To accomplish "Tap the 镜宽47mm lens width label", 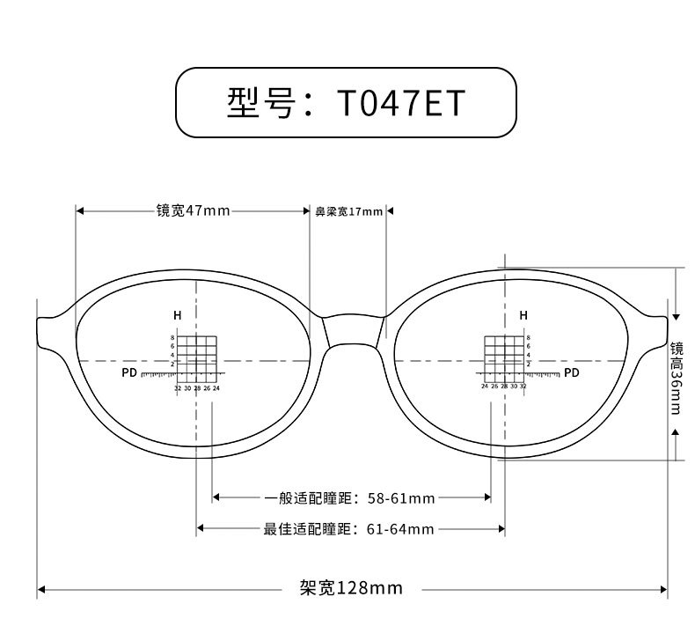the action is pyautogui.click(x=193, y=210).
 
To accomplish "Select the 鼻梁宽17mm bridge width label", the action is pyautogui.click(x=349, y=211).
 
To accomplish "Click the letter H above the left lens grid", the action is pyautogui.click(x=177, y=315).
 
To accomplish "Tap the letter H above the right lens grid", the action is pyautogui.click(x=523, y=315).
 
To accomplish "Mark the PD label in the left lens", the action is pyautogui.click(x=129, y=373).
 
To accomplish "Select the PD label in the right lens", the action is pyautogui.click(x=571, y=373).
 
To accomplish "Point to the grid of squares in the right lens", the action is pyautogui.click(x=504, y=357).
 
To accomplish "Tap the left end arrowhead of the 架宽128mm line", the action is pyautogui.click(x=40, y=589).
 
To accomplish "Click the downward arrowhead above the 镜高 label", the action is pyautogui.click(x=676, y=315).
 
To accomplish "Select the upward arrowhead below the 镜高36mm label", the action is pyautogui.click(x=676, y=431).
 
